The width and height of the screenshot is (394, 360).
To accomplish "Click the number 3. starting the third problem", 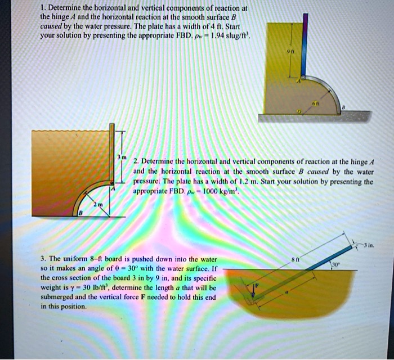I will [43, 259].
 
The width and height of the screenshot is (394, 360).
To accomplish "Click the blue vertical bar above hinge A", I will [305, 45].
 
